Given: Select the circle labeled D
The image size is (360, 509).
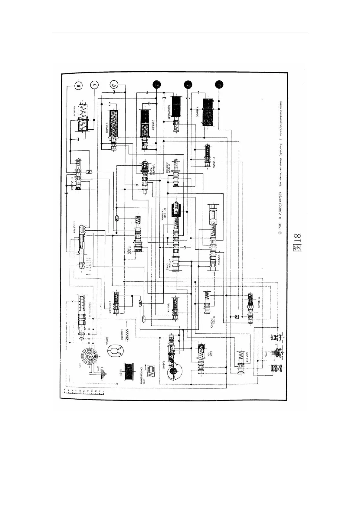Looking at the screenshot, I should tap(94, 86).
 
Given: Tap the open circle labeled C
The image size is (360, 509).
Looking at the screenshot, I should tap(114, 85).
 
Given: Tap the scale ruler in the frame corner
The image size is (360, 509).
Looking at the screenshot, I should tap(84, 392).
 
